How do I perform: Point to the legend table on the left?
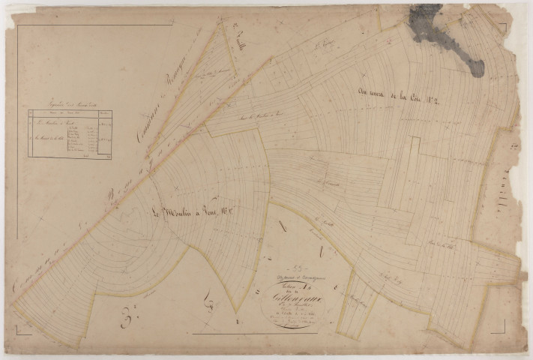69,133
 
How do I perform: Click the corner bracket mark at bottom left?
22,329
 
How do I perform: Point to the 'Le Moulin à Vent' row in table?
52,120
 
